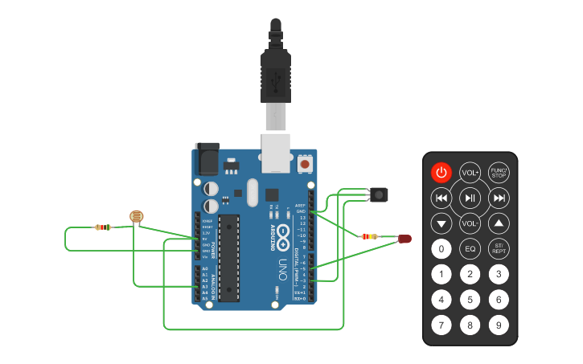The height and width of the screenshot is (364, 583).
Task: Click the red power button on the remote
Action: (441, 172)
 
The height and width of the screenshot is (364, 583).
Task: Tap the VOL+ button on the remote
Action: (470, 172)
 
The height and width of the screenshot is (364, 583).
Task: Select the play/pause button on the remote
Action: (470, 198)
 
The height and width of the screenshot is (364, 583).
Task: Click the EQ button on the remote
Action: (470, 248)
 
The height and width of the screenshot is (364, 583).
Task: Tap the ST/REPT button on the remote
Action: (499, 248)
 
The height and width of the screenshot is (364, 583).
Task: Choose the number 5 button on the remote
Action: (470, 300)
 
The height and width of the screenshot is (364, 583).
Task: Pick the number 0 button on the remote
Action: (441, 248)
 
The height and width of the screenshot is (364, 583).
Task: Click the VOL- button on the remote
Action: (470, 223)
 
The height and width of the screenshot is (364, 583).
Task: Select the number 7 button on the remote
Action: (441, 325)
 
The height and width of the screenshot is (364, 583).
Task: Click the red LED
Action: (404, 238)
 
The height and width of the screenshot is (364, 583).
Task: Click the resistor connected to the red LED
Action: (370, 236)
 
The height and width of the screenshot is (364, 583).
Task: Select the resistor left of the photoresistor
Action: (103, 227)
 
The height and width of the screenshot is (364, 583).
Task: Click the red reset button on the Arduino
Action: (305, 164)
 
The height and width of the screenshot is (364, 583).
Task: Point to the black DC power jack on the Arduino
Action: (207, 159)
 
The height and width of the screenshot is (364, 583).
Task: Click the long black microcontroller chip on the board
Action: (228, 258)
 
